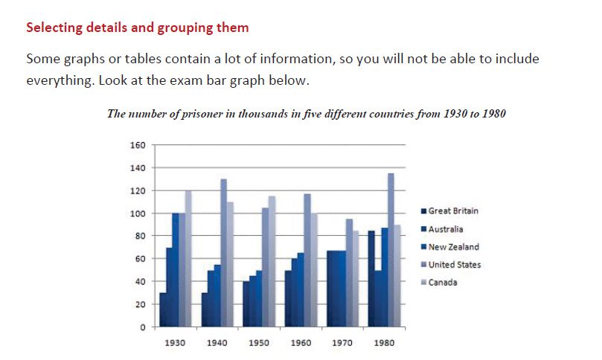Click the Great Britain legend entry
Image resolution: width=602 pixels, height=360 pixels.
coord(453,210)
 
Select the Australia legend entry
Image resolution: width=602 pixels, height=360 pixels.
coord(446,229)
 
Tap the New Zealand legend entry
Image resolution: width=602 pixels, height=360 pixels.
coord(453,247)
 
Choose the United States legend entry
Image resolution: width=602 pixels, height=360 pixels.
coord(454,265)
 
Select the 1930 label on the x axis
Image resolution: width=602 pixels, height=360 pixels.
coord(174,344)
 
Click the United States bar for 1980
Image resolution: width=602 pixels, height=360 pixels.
coord(391,250)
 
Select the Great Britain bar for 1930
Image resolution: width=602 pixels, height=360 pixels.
coord(163,309)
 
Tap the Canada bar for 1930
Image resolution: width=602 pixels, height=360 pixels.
coord(188,259)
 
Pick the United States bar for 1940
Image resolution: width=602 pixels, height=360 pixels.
coord(224,253)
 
